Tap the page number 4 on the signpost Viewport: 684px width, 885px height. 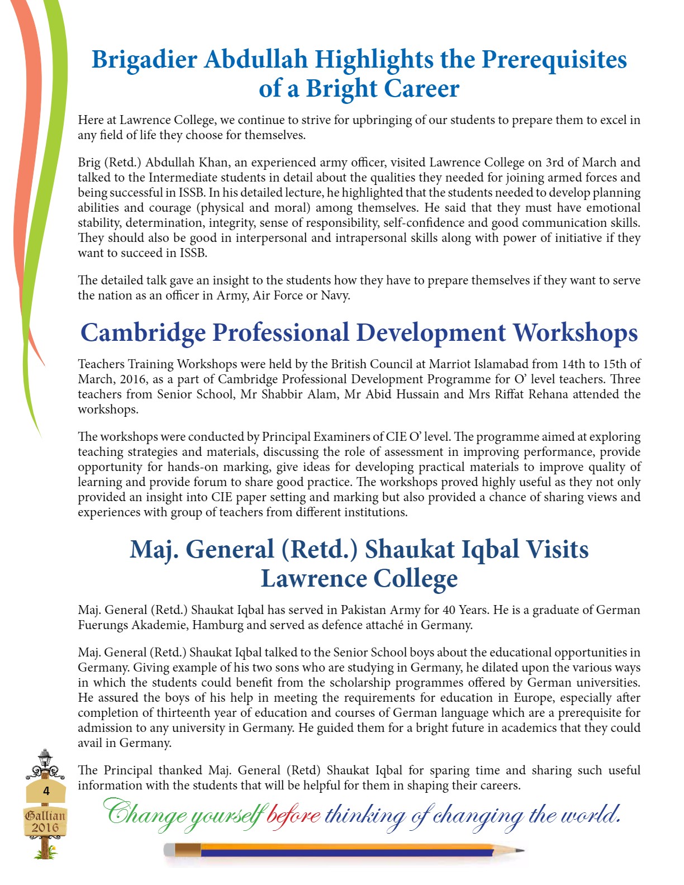pyautogui.click(x=46, y=791)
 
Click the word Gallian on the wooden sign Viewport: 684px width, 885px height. pyautogui.click(x=45, y=815)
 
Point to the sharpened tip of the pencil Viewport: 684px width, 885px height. pyautogui.click(x=521, y=850)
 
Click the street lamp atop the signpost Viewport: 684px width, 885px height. pyautogui.click(x=45, y=759)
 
